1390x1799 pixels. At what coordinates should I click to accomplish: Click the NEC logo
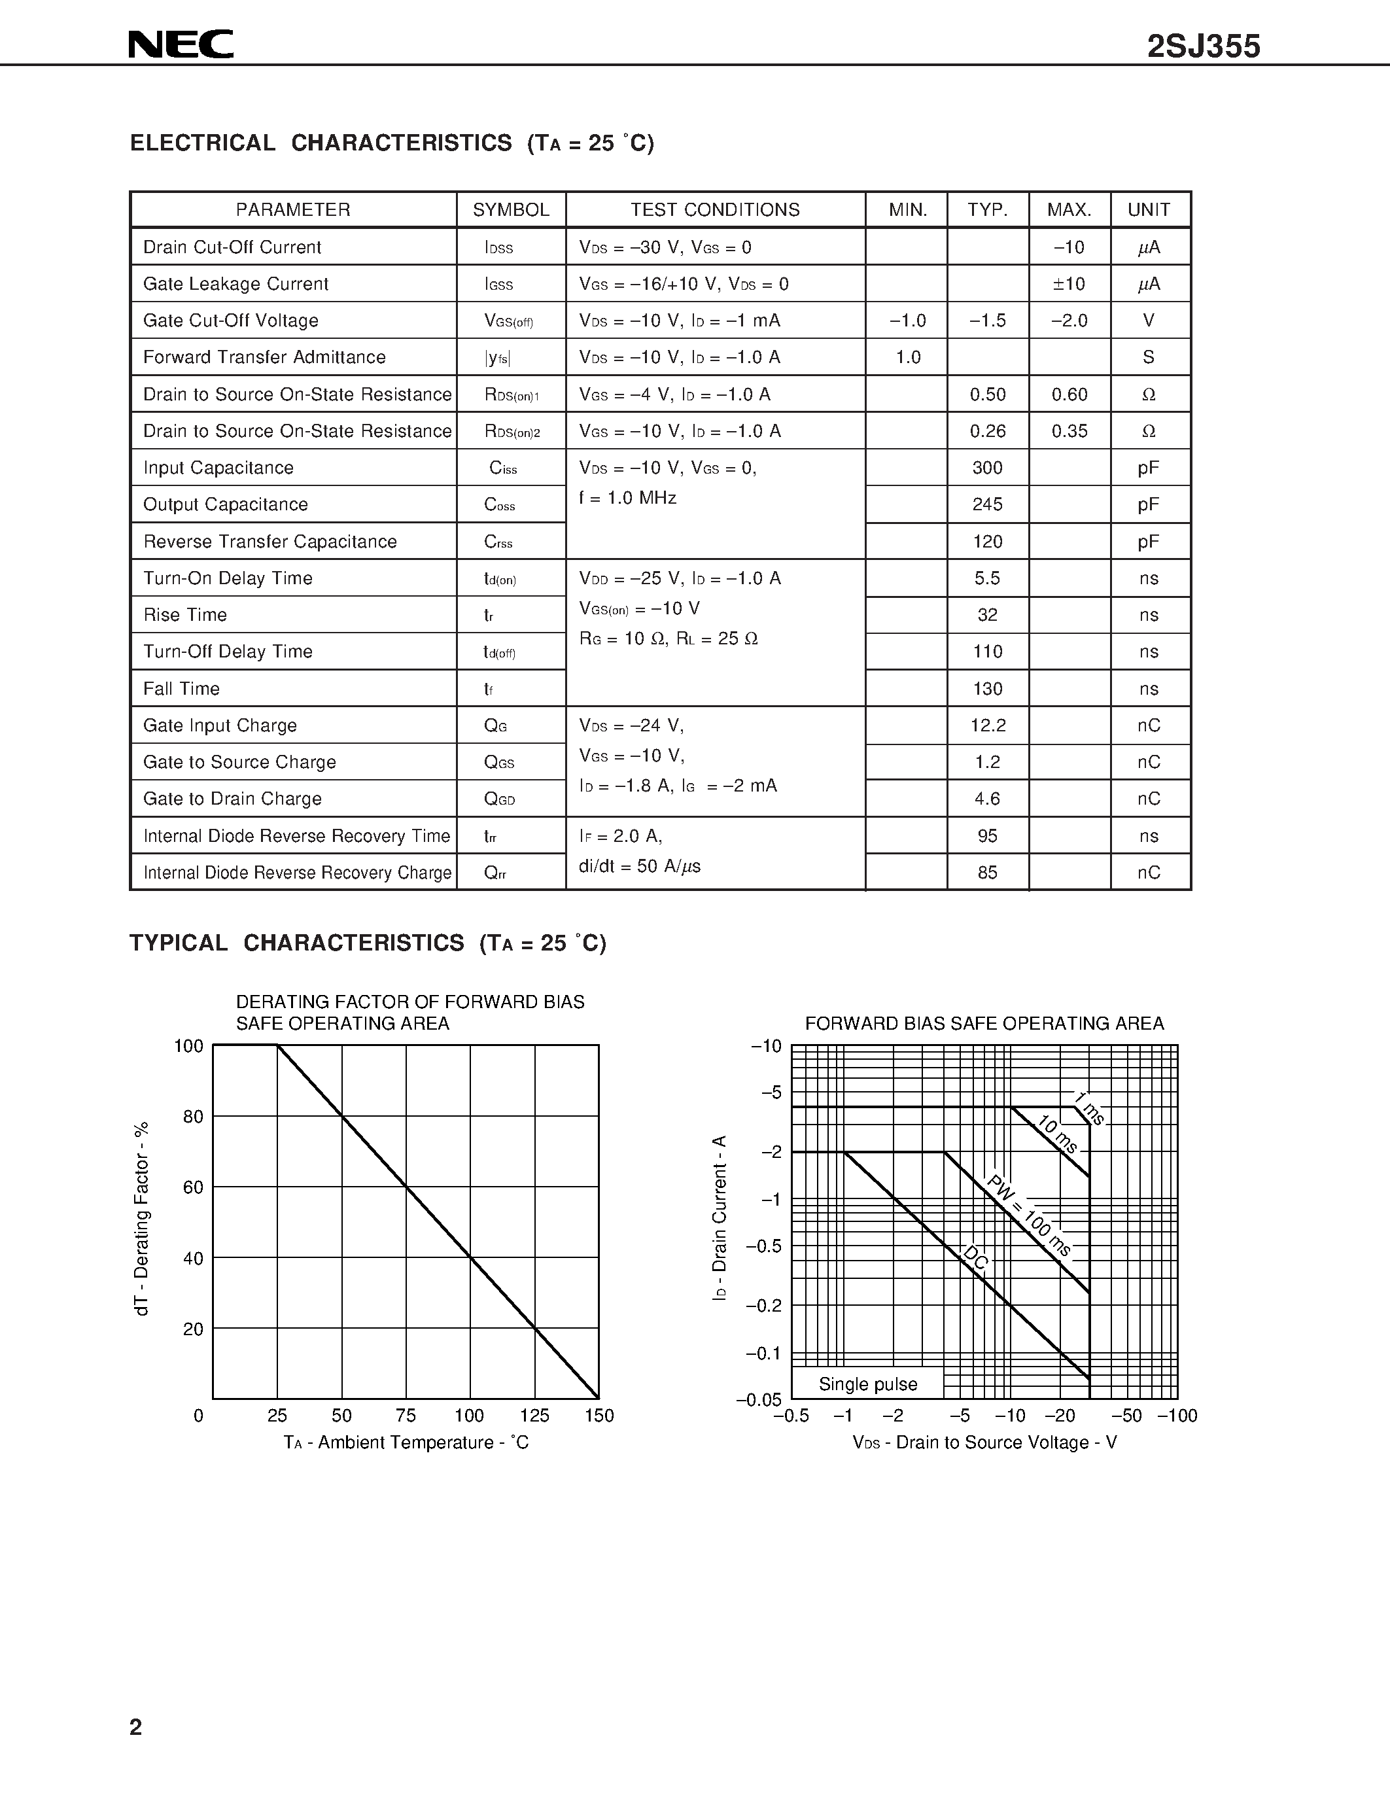click(x=181, y=44)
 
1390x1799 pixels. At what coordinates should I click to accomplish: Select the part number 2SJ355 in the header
click(x=1203, y=47)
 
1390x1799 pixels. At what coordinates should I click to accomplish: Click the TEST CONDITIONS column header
click(x=715, y=210)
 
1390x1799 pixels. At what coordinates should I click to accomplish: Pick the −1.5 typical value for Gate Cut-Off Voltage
click(x=987, y=321)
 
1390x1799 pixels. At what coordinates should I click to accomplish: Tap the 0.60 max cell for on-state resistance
click(x=1069, y=394)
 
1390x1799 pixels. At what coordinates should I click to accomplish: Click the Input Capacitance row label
click(x=218, y=468)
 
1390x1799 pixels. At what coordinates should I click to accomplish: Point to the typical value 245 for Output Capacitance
click(x=987, y=504)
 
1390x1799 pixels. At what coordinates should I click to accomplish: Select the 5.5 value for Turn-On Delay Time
click(x=987, y=578)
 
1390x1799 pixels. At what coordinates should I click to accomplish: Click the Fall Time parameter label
click(x=181, y=689)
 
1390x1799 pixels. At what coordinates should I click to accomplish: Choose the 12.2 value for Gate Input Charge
click(x=987, y=725)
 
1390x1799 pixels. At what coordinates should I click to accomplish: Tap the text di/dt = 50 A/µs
click(x=640, y=865)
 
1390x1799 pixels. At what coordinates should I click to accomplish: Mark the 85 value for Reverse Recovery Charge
click(x=987, y=872)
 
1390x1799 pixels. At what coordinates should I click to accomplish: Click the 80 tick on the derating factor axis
click(x=193, y=1117)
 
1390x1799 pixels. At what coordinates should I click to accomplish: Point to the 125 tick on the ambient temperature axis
click(x=534, y=1415)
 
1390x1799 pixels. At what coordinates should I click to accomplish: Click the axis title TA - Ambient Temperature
click(x=406, y=1442)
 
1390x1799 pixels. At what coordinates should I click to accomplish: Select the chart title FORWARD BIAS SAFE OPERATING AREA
click(x=984, y=1023)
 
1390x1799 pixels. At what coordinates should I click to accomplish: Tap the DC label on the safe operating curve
click(x=976, y=1258)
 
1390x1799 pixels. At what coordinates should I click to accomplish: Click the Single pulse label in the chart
click(x=868, y=1384)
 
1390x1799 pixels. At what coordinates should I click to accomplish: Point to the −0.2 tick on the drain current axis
click(x=763, y=1306)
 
